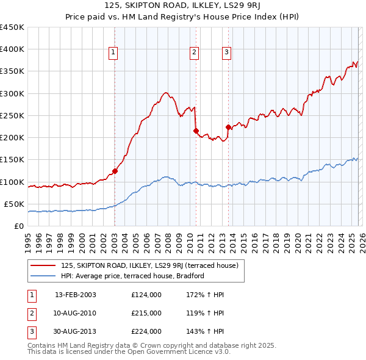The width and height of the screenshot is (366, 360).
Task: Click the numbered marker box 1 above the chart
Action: (114, 53)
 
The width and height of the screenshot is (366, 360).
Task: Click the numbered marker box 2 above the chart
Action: (195, 53)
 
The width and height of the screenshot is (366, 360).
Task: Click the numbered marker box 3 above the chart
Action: (226, 53)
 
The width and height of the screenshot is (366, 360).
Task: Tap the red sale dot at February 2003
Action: (115, 171)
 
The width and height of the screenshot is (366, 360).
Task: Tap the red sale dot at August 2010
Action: (196, 131)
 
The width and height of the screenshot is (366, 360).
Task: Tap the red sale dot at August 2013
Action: (228, 127)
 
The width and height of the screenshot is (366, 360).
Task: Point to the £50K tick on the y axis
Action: (14, 204)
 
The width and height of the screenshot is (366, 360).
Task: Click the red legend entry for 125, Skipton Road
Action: (152, 265)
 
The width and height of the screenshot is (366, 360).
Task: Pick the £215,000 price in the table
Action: (146, 313)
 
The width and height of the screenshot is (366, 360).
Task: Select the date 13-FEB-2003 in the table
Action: (76, 295)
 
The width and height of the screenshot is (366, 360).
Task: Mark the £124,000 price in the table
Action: (146, 295)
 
